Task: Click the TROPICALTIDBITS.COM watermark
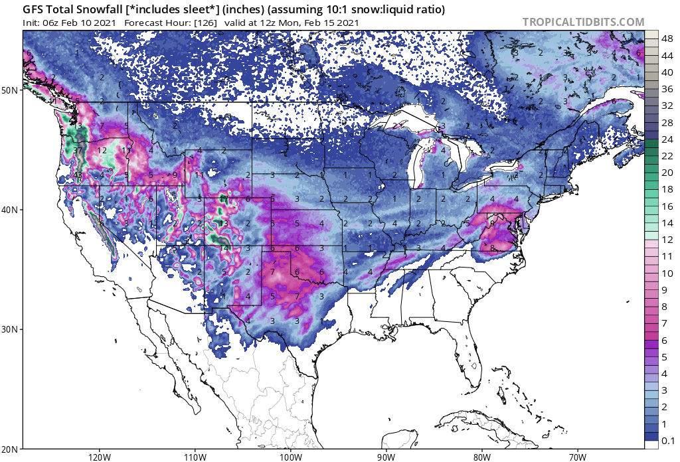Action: (x=583, y=22)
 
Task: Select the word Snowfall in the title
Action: (x=93, y=10)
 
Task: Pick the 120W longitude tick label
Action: (x=99, y=457)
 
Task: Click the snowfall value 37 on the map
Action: (x=78, y=151)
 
